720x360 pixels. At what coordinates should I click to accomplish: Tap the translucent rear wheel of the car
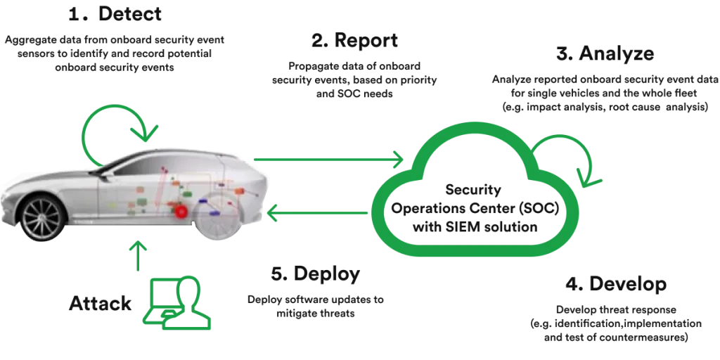point(217,214)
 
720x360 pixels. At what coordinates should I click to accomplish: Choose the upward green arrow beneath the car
point(139,257)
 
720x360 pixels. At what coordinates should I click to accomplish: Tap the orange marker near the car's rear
point(240,191)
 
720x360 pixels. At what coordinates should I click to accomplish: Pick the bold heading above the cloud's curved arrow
point(605,53)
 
